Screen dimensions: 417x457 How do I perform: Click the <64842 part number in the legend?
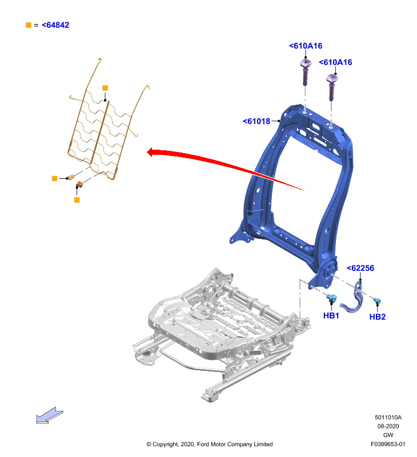point(55,25)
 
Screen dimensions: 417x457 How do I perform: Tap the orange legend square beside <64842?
point(29,25)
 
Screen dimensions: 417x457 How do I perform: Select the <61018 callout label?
point(256,121)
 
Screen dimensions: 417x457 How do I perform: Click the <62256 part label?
point(360,268)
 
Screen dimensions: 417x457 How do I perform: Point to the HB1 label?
point(331,315)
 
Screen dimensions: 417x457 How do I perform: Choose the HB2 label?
point(378,317)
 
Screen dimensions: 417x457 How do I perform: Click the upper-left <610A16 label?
point(306,46)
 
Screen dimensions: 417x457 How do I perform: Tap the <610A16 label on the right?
point(335,62)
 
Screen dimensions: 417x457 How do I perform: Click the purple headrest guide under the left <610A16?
point(306,71)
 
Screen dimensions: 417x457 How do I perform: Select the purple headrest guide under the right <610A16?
point(332,87)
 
